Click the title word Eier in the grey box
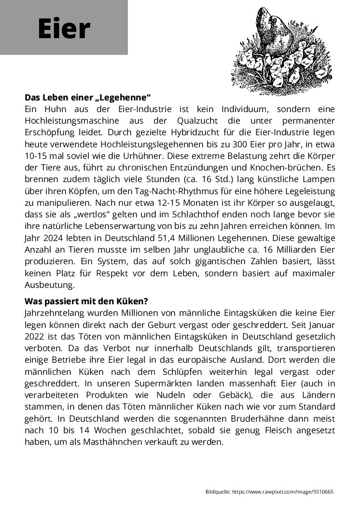click(x=64, y=29)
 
